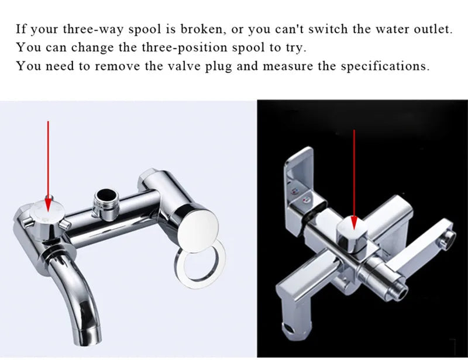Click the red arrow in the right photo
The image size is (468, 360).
click(354, 175)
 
